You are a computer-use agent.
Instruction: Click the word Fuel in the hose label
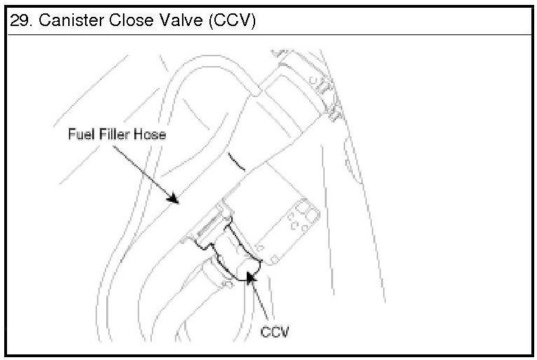(79, 134)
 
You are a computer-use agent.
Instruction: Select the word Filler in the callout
(113, 134)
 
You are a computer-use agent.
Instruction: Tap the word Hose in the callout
(150, 134)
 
